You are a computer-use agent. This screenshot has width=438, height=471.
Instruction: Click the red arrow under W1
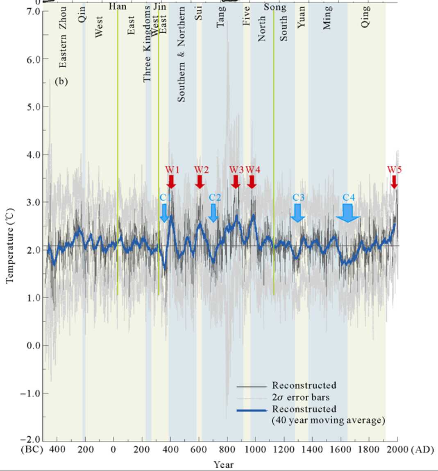[171, 181]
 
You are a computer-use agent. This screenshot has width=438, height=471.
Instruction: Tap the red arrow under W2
[200, 181]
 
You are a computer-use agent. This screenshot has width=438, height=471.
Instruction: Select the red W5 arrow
[394, 182]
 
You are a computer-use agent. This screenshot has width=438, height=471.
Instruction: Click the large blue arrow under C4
[348, 213]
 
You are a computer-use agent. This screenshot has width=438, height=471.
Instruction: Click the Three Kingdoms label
[147, 44]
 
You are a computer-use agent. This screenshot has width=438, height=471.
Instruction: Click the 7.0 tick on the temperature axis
[36, 11]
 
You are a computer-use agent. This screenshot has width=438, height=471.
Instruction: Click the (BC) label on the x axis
[32, 450]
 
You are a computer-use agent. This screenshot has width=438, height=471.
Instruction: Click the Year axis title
[223, 464]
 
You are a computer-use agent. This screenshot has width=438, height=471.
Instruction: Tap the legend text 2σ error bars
[301, 397]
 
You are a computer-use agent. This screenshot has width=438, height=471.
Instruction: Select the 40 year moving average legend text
[328, 420]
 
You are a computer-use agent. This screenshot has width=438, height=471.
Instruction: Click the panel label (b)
[61, 82]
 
